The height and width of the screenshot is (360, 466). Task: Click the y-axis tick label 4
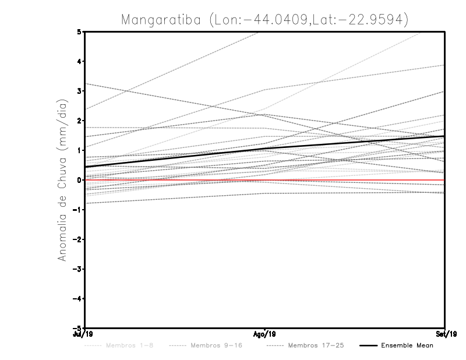(x=79, y=61)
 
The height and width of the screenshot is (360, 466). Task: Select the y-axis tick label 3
(x=79, y=91)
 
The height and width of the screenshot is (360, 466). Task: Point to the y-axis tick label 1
(x=79, y=150)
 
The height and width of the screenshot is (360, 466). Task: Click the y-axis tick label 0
(x=79, y=180)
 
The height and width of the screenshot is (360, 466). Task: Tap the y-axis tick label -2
(x=77, y=239)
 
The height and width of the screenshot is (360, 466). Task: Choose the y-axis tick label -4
(x=77, y=299)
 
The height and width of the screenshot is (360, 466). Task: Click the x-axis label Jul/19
(x=84, y=334)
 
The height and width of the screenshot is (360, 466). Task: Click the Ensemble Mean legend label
(x=407, y=346)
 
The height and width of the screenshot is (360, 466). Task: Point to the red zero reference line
(x=349, y=181)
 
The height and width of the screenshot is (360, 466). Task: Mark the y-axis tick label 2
(x=79, y=121)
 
